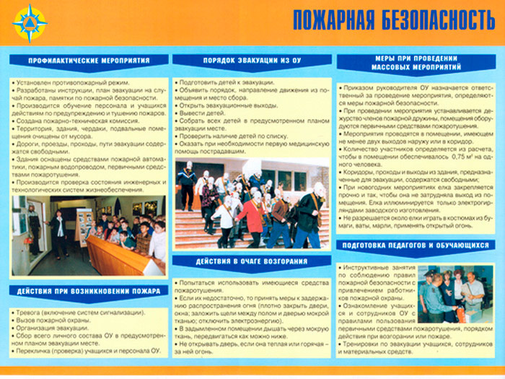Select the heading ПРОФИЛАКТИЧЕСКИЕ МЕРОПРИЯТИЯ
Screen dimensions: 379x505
point(89,61)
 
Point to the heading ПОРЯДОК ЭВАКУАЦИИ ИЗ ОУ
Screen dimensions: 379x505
point(252,61)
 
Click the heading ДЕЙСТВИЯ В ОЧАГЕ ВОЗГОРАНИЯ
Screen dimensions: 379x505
point(252,261)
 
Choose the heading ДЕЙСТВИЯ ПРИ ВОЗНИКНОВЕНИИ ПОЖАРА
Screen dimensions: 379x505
point(89,291)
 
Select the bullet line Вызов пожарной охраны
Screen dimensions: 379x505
point(49,320)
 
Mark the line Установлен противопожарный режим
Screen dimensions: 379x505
point(65,82)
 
